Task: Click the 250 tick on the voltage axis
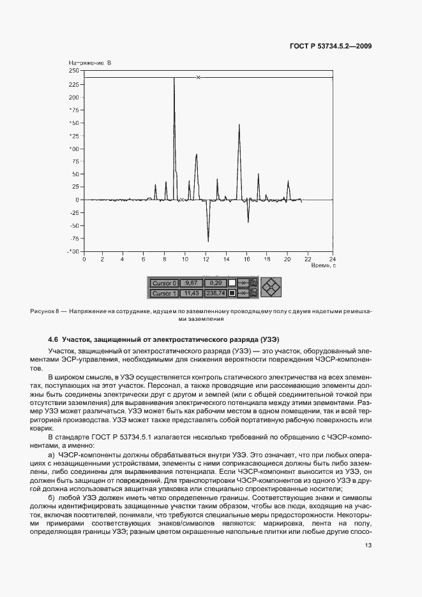pyautogui.click(x=75, y=71)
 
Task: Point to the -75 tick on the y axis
pyautogui.click(x=75, y=239)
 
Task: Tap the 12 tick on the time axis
pyautogui.click(x=207, y=259)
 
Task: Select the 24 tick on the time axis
pyautogui.click(x=332, y=259)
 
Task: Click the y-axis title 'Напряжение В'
pyautogui.click(x=89, y=63)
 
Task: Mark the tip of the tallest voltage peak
pyautogui.click(x=174, y=78)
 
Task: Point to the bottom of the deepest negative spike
pyautogui.click(x=208, y=241)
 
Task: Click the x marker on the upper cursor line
pyautogui.click(x=198, y=78)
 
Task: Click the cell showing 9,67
pyautogui.click(x=190, y=283)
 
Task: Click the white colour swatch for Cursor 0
pyautogui.click(x=232, y=283)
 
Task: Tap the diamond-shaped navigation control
pyautogui.click(x=271, y=288)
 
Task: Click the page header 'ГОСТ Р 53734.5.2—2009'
pyautogui.click(x=336, y=46)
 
